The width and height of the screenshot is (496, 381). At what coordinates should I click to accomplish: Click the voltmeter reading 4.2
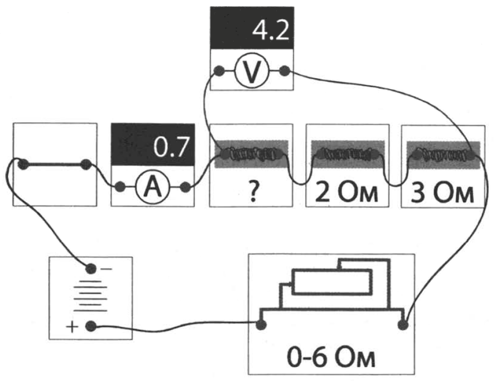point(271,30)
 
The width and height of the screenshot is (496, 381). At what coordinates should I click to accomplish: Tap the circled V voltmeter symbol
point(252,71)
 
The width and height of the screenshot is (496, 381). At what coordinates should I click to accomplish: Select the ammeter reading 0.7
point(171,147)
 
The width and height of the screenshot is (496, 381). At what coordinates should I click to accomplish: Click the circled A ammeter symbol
point(153,187)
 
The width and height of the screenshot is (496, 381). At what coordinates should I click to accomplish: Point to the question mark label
point(253,192)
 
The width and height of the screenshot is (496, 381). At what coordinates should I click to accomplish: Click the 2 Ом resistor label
point(346,193)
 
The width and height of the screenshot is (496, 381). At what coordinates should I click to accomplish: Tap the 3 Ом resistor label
point(442,193)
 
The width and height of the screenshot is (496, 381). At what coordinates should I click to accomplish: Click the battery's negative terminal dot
point(91,268)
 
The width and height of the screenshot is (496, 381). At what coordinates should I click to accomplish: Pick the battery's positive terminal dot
point(91,326)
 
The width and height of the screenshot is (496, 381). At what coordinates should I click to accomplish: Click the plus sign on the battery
point(72,327)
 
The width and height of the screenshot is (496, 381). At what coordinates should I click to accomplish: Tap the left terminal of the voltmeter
point(219,71)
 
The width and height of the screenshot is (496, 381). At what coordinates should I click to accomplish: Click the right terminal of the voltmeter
point(285,71)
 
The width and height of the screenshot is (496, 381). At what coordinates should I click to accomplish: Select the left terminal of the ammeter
point(120,187)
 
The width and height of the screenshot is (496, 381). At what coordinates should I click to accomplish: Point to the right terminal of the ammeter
point(185,187)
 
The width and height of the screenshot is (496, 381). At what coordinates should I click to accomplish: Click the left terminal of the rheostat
point(261,325)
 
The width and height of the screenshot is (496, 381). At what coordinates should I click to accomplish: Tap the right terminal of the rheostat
point(403,325)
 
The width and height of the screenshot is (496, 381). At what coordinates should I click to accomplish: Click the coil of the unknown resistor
point(252,154)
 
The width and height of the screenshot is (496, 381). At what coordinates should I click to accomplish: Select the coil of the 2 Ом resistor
point(348,154)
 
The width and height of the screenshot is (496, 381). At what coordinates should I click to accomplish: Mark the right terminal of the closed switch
point(86,165)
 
